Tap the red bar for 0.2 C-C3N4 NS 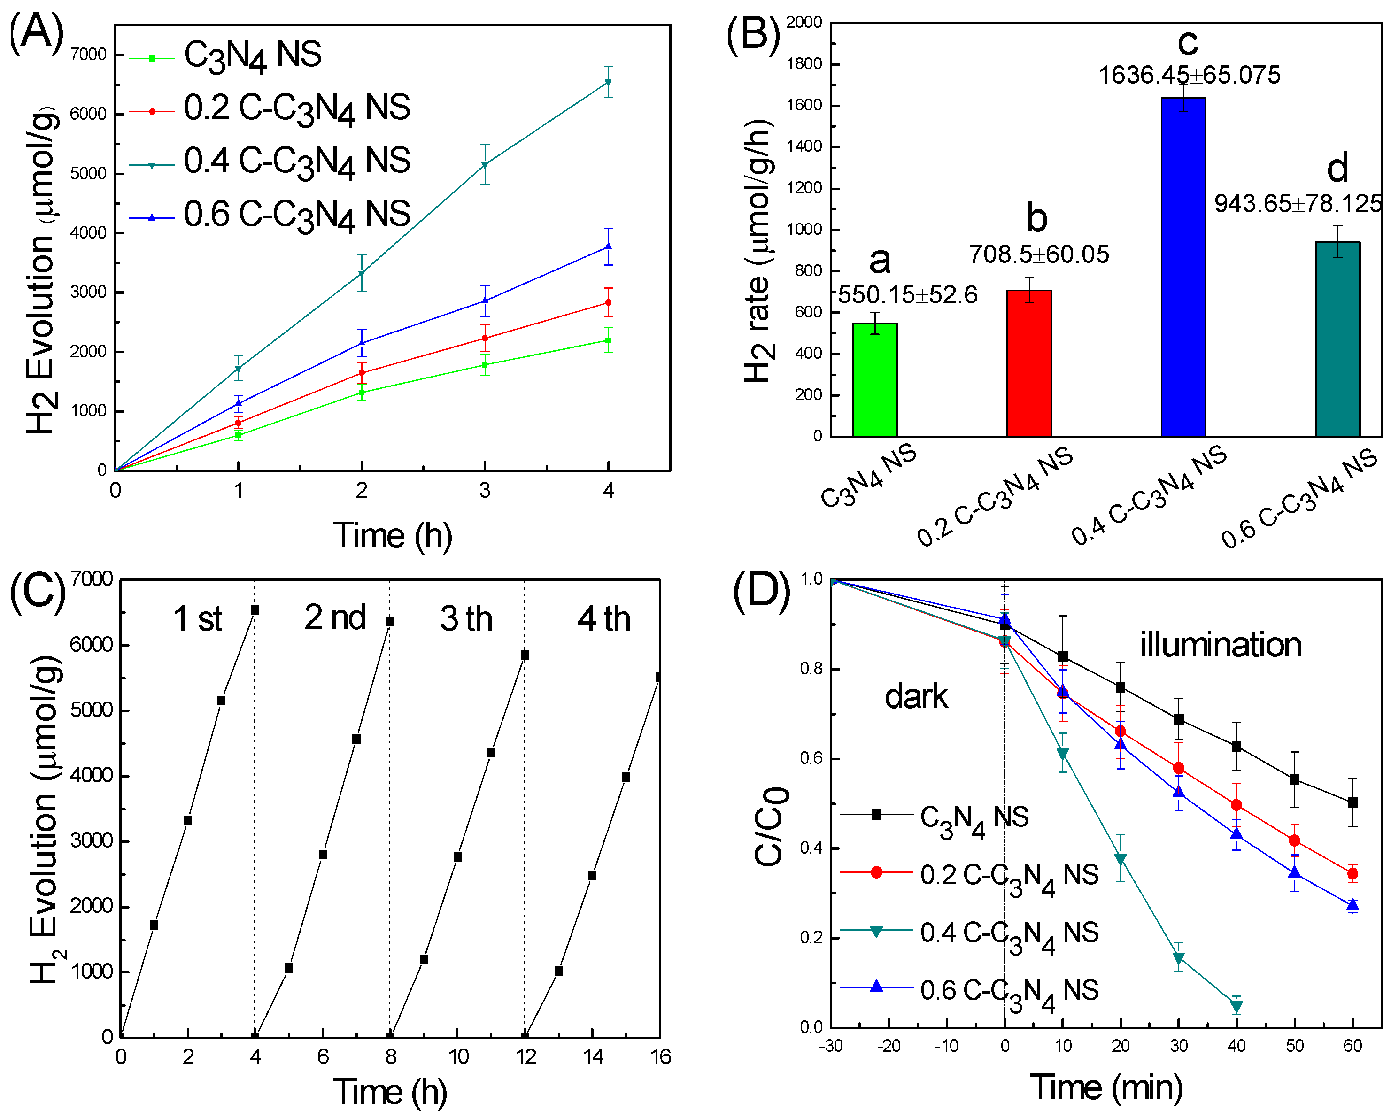point(1029,364)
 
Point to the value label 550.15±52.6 point(907,295)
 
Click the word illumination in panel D point(1220,645)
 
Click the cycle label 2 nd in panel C point(335,617)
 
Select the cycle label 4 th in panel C point(603,619)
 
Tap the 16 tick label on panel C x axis point(660,1056)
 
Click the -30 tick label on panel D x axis point(831,1046)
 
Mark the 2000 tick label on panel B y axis point(804,23)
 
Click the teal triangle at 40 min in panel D point(1236,1006)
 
